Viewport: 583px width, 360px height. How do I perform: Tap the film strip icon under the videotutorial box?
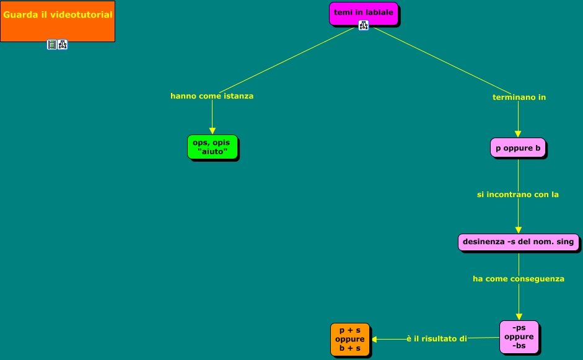[52, 45]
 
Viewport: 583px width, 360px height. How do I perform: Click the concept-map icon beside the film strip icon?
[63, 45]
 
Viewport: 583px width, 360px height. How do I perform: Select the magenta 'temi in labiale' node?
[363, 13]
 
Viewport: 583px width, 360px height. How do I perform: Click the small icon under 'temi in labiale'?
[364, 25]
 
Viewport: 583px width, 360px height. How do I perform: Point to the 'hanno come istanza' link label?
[212, 96]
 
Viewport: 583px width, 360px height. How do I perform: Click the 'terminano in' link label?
[519, 97]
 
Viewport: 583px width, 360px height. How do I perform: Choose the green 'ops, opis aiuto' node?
[212, 147]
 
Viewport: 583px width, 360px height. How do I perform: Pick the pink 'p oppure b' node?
[518, 148]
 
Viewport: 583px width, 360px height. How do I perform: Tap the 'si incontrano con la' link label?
[518, 195]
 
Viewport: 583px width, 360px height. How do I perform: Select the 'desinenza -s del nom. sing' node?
[519, 242]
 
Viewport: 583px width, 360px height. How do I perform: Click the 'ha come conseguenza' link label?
[519, 279]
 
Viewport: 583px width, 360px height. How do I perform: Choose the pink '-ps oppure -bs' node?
[519, 337]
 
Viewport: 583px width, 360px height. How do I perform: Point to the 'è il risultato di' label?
[436, 339]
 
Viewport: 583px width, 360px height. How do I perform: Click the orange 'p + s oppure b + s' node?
[350, 340]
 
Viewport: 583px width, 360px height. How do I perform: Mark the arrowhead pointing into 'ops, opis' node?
[212, 131]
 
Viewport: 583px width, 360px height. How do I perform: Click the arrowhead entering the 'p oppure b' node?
[518, 133]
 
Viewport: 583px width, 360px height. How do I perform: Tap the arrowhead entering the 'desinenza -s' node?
[518, 230]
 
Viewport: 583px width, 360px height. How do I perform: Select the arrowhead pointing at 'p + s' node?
[374, 339]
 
